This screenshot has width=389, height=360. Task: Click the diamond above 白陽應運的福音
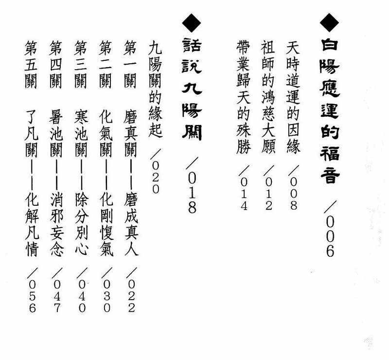(x=329, y=22)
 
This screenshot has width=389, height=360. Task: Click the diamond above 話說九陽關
(x=192, y=23)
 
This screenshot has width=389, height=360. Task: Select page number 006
(x=330, y=237)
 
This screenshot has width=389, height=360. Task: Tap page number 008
(x=294, y=194)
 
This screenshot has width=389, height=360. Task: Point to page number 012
(x=269, y=194)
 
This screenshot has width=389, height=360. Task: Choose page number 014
(x=244, y=194)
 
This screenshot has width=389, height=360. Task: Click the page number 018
(x=192, y=193)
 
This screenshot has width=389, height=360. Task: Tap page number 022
(x=131, y=296)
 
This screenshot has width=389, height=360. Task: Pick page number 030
(x=106, y=296)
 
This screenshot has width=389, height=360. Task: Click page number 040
(x=82, y=296)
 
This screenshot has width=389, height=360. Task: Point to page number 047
(x=57, y=296)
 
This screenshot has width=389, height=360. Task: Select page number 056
(x=32, y=296)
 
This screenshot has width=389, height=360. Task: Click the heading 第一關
(x=130, y=65)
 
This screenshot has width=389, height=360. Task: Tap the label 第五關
(x=31, y=65)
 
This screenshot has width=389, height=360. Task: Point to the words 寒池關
(x=81, y=134)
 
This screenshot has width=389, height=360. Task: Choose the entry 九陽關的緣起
(x=156, y=90)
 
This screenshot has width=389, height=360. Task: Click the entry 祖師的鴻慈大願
(x=268, y=97)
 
